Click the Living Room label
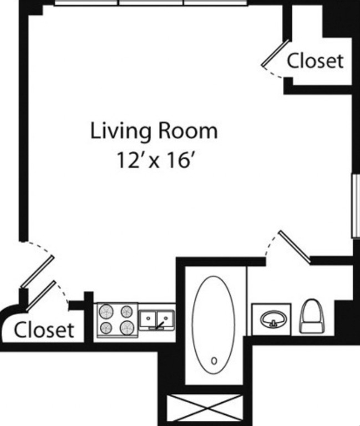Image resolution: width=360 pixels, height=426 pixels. pos(154,131)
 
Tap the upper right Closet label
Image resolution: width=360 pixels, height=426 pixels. pos(315,60)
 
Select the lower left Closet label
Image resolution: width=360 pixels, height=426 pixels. pos(44,330)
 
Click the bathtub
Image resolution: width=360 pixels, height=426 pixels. pos(214,324)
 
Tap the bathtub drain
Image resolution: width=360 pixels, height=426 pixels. pos(214,361)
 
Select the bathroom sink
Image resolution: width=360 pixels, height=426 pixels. pos(273,319)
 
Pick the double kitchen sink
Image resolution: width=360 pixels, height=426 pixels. pos(157,320)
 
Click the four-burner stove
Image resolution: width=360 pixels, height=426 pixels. pos(118,320)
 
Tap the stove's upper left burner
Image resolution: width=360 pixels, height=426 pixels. pos(106,311)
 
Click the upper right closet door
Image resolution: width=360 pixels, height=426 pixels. pos(276,53)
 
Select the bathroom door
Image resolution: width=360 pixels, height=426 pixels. pos(295,247)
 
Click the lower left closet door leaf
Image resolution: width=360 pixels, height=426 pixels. pos(40,296)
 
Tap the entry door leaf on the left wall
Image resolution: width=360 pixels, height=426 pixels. pos(37,271)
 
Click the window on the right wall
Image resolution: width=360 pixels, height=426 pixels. pos(356,206)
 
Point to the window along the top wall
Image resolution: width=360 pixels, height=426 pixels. pos(151,3)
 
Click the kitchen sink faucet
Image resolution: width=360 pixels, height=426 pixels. pos(160,325)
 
